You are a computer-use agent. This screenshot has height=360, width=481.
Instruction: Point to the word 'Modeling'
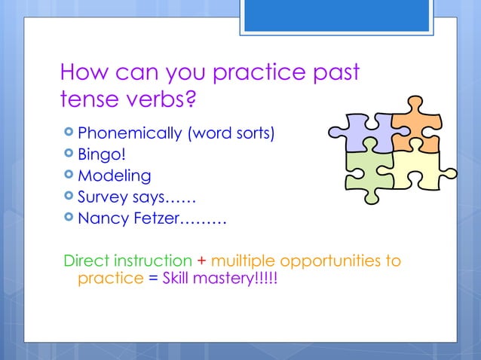pos(115,177)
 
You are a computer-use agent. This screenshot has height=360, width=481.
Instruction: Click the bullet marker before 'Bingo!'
pos(69,156)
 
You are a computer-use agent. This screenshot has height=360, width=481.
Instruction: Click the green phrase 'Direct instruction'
pos(127,261)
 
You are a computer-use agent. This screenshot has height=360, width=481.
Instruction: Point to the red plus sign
pos(201,261)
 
